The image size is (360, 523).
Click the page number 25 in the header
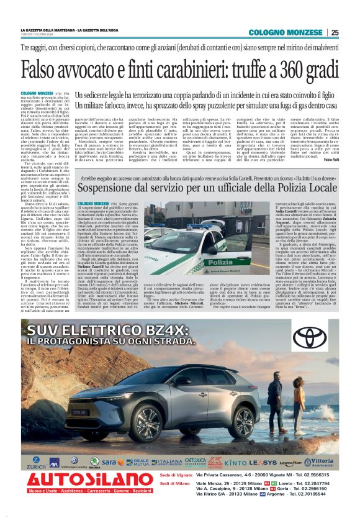335,33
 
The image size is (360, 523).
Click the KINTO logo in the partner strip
235,463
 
